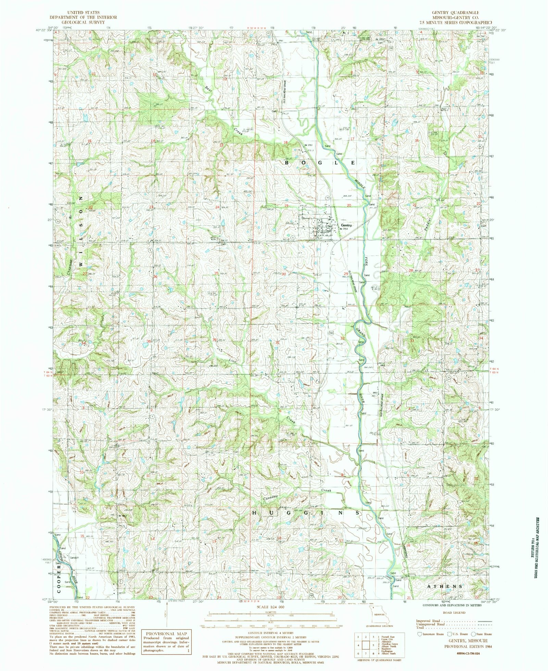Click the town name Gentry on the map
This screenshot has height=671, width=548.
click(347, 225)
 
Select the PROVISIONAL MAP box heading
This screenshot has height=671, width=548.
click(166, 634)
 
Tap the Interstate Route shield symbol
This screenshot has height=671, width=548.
click(419, 634)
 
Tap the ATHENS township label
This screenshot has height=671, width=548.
click(445, 586)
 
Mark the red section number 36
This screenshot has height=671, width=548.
click(214, 340)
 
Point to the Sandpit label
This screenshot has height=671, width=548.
click(74, 558)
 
